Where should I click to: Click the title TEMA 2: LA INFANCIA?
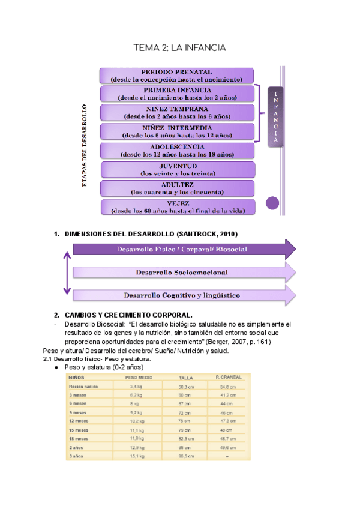point(179,47)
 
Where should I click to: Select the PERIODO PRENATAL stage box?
point(177,75)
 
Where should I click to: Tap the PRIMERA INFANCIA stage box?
point(177,94)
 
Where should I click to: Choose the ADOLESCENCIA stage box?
point(177,150)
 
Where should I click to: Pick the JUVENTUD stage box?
point(177,169)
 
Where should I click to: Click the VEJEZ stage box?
point(177,207)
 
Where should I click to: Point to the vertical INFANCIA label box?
point(275,118)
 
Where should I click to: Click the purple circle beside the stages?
point(272,203)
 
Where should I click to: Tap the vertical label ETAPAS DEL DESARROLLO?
point(85,147)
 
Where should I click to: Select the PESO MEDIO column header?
point(137,378)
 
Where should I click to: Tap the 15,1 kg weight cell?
point(138,457)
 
